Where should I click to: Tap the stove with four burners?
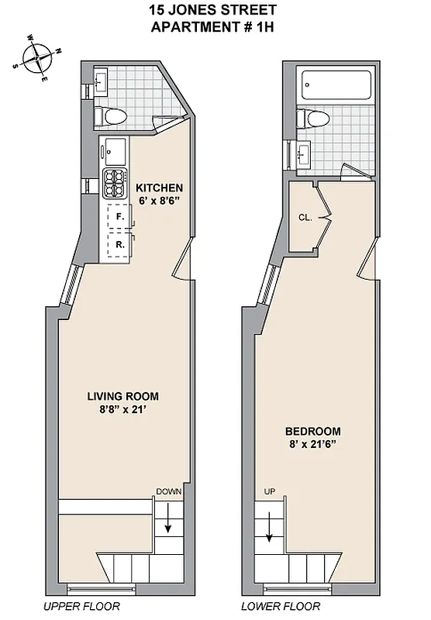115,184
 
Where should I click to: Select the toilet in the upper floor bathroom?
109,116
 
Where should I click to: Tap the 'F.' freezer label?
120,217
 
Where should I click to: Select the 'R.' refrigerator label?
120,245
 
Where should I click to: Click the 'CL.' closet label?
305,218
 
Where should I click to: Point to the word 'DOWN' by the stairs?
168,491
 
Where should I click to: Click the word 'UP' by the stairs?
269,491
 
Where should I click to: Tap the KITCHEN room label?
159,188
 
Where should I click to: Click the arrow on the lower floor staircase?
269,529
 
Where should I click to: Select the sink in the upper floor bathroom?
102,80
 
